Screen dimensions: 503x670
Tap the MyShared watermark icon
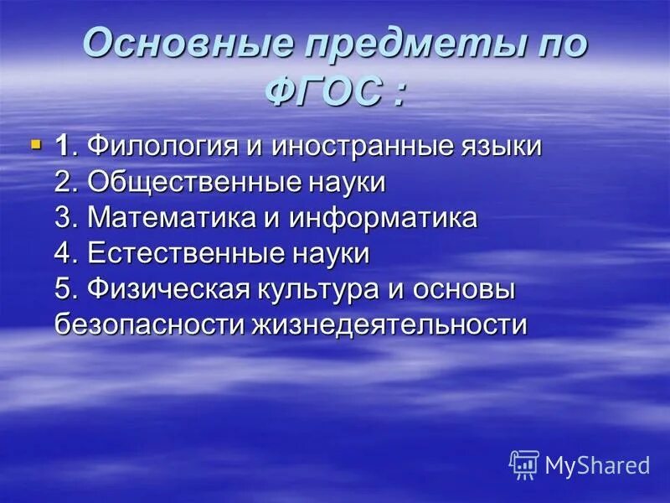[x=523, y=464]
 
